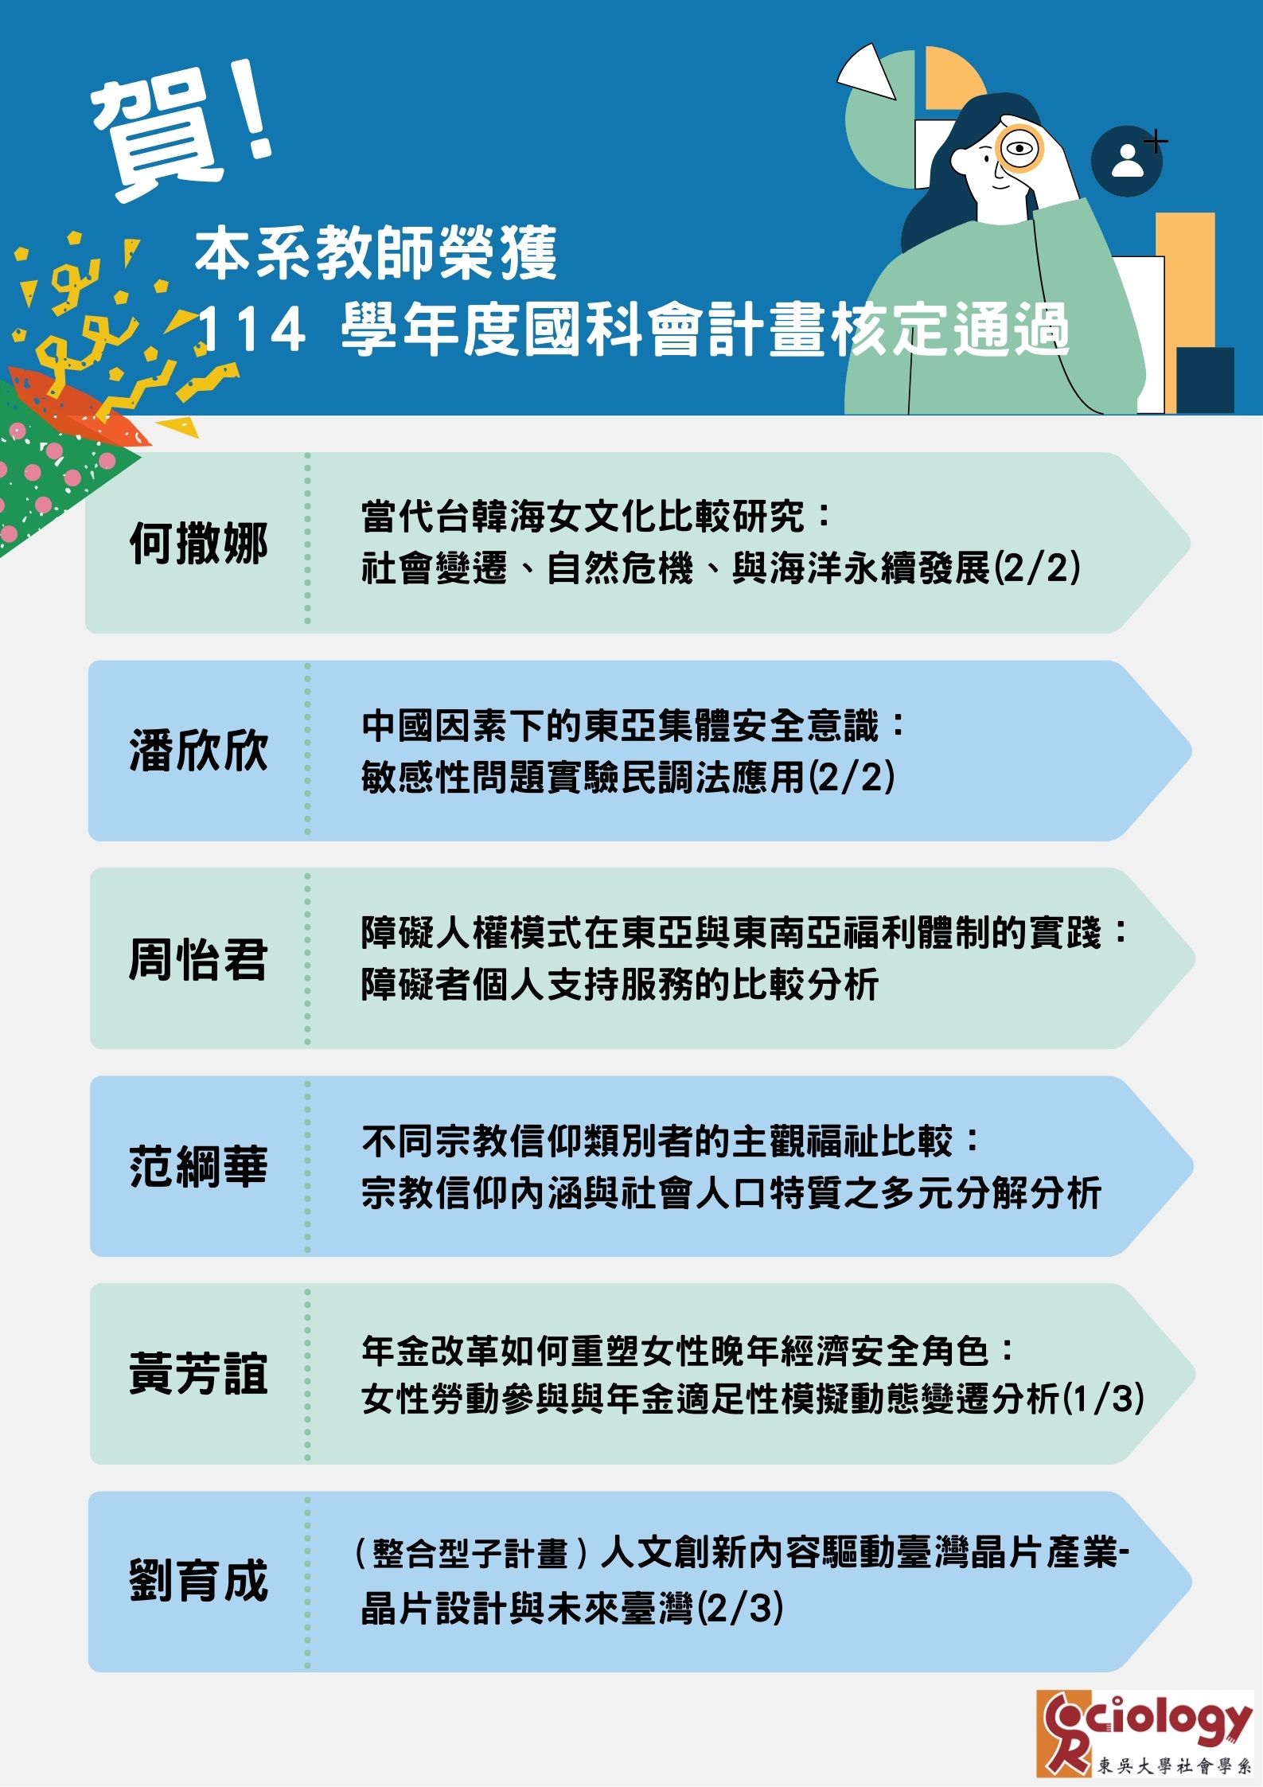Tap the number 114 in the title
249,330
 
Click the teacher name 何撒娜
198,544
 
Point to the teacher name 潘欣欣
198,751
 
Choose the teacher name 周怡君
198,958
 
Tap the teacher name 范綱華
198,1167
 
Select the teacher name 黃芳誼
198,1374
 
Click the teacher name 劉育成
198,1581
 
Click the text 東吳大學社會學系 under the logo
1174,1766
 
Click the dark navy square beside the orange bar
1205,380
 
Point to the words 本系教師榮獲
376,253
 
